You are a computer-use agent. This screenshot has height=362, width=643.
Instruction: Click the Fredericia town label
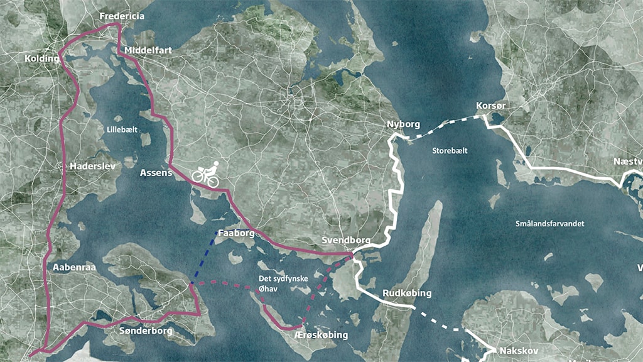[x=122, y=16]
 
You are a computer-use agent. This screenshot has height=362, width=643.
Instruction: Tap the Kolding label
[x=41, y=58]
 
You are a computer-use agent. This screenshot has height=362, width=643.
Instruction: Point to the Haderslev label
[x=91, y=167]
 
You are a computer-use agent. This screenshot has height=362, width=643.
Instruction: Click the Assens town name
[x=156, y=172]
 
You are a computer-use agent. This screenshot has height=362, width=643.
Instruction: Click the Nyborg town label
[x=403, y=124]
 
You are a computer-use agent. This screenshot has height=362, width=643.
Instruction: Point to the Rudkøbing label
[x=407, y=293]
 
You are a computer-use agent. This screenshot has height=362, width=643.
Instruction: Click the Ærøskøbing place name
[x=321, y=335]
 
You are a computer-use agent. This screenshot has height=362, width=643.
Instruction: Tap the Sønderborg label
[x=146, y=331]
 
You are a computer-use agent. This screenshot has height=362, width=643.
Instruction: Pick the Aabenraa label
[x=73, y=267]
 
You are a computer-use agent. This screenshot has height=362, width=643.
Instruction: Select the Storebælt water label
[x=450, y=151]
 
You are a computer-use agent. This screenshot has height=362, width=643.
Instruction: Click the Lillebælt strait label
[x=122, y=129]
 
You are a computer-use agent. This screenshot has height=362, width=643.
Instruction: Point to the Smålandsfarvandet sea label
[x=550, y=224]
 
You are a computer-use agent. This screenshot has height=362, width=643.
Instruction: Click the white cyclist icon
[x=207, y=173]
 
